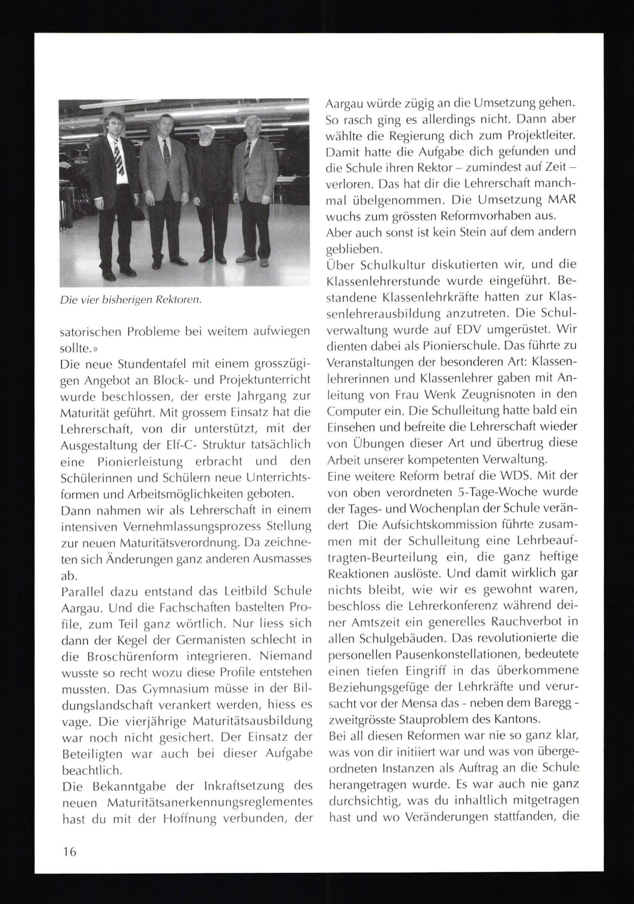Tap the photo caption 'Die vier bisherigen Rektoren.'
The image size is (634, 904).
point(131,300)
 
